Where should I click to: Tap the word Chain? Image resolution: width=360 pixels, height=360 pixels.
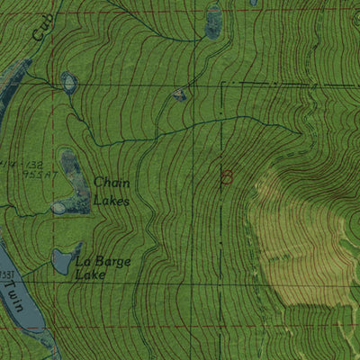(x=112, y=183)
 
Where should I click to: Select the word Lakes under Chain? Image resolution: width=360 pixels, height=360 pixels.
(x=112, y=202)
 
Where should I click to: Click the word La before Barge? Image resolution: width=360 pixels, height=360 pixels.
(x=84, y=261)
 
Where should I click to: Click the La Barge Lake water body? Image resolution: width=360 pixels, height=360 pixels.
(x=61, y=262)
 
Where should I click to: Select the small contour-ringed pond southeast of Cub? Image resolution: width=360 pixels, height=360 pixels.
(x=68, y=84)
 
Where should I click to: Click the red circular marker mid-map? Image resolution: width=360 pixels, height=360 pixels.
(x=226, y=177)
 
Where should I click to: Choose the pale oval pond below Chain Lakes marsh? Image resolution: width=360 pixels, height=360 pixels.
(x=58, y=209)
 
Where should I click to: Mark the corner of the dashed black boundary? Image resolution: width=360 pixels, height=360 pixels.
(x=221, y=84)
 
